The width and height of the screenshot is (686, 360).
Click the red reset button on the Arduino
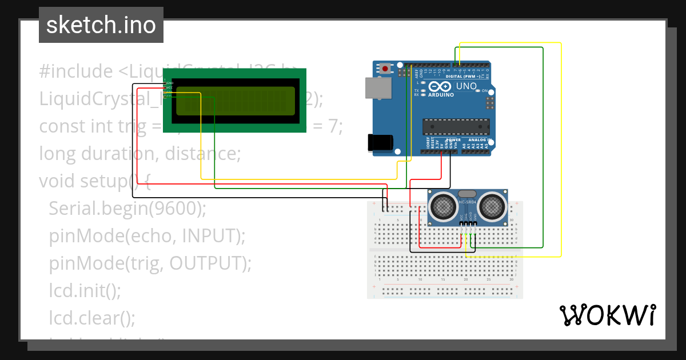point(385,69)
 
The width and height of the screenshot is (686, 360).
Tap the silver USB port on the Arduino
point(378,86)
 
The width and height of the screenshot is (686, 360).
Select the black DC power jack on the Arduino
point(380,143)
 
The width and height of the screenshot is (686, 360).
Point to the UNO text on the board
point(466,86)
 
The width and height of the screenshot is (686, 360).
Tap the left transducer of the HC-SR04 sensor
point(442,206)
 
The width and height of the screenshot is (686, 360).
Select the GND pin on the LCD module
point(169,83)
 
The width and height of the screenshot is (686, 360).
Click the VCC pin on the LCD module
point(169,87)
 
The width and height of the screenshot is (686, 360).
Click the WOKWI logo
point(607,315)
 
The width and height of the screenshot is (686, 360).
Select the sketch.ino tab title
point(101,25)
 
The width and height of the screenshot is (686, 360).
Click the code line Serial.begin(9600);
point(127,209)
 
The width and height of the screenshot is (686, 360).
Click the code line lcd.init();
point(85,290)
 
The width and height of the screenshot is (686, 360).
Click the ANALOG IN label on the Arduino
point(480,140)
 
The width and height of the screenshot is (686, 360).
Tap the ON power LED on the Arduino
point(478,91)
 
